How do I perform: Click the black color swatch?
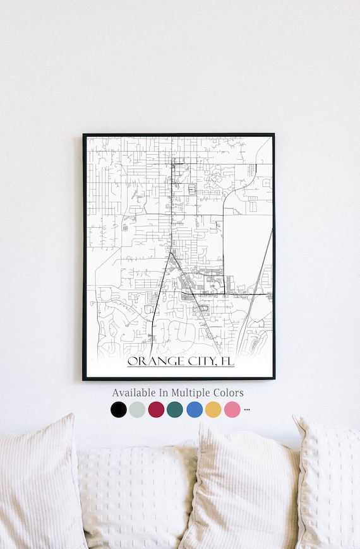tap(118, 410)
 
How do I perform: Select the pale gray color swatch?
tap(137, 410)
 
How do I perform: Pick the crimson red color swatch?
tap(156, 410)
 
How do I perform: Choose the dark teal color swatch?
tap(175, 410)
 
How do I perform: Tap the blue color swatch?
tap(195, 410)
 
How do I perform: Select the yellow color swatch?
tap(213, 410)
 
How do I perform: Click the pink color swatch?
tap(232, 410)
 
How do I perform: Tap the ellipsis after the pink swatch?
tap(247, 410)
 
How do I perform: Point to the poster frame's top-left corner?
tap(83, 134)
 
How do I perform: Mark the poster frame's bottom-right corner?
tap(274, 379)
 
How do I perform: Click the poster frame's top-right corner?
tap(274, 134)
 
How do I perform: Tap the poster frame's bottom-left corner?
tap(83, 379)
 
